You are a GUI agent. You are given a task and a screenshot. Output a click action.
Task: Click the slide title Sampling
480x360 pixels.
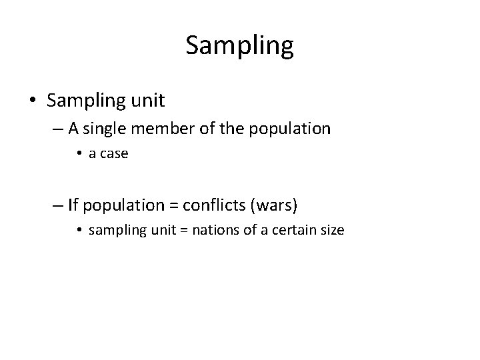(x=239, y=46)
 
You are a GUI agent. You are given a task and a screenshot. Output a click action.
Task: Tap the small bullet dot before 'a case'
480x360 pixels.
(x=79, y=154)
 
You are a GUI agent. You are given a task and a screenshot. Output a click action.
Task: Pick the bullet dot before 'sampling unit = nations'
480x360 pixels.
(x=79, y=231)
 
